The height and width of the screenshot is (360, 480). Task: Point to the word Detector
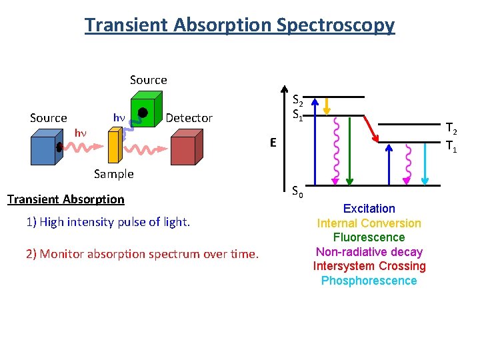(x=189, y=118)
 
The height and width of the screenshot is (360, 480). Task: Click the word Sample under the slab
(x=113, y=174)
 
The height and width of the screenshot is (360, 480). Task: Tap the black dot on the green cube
(x=143, y=112)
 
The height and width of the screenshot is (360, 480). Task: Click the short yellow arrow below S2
(x=327, y=105)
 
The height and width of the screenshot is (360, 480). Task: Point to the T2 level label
(x=451, y=129)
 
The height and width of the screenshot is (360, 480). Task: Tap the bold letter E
(x=273, y=142)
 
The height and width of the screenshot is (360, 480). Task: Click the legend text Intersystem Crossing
(x=369, y=266)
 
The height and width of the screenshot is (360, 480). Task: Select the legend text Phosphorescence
(x=369, y=281)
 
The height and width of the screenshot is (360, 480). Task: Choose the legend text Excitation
(x=369, y=209)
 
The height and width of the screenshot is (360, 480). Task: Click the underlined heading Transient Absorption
(x=65, y=199)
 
